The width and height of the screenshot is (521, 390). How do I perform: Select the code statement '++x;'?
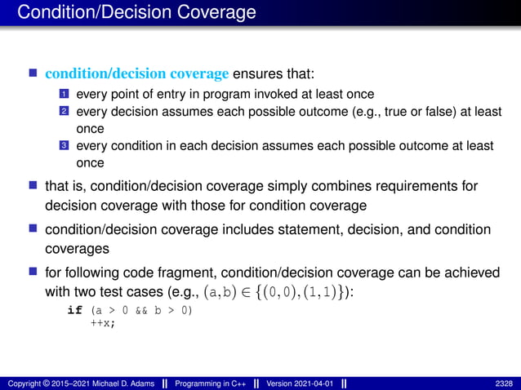(103, 323)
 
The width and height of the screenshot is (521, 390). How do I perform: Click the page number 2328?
(503, 383)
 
